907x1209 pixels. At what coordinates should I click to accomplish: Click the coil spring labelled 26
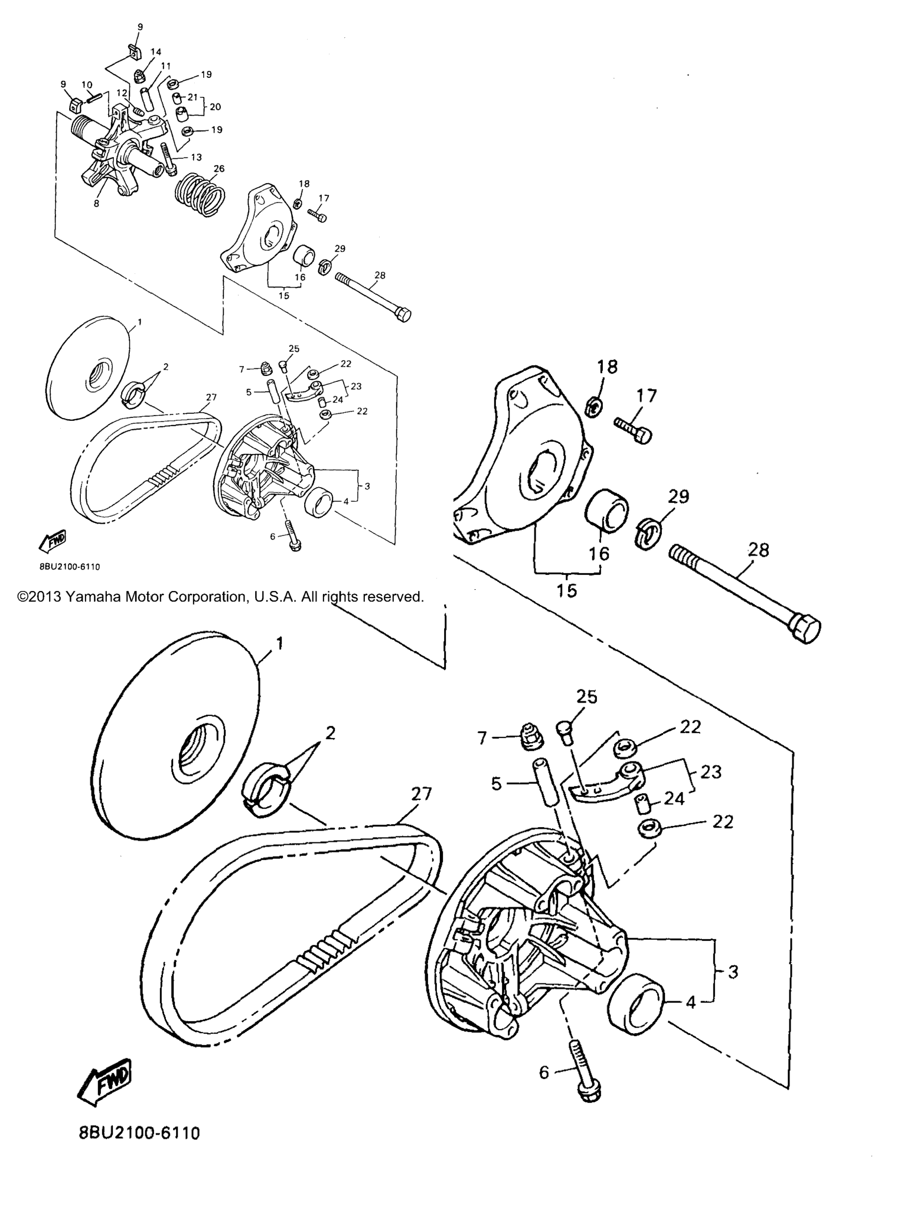(x=201, y=193)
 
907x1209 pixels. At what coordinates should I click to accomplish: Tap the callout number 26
(x=219, y=169)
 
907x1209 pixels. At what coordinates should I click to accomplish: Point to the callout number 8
(x=96, y=203)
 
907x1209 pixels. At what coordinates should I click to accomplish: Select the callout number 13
(x=196, y=157)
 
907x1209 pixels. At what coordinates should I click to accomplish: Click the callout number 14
(x=156, y=52)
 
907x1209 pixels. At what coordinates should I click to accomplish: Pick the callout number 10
(x=87, y=84)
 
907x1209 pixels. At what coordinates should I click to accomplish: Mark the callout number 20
(x=216, y=107)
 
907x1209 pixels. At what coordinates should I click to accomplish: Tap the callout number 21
(x=193, y=96)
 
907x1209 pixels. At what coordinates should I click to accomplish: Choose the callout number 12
(x=122, y=93)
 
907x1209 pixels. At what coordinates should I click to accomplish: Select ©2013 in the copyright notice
(x=39, y=597)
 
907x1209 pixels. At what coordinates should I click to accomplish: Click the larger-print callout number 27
(x=422, y=794)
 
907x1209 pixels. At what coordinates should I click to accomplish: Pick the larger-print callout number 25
(x=587, y=697)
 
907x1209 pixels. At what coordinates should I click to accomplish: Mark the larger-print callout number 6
(x=544, y=1072)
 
